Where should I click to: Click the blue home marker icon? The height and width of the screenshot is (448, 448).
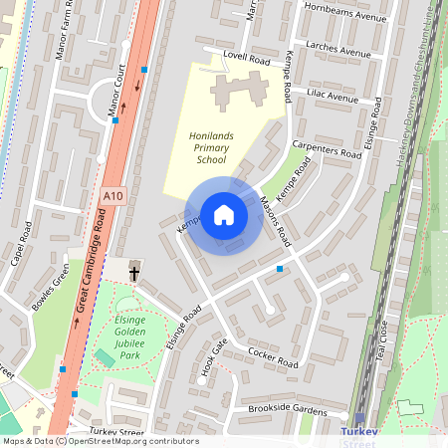click(224, 215)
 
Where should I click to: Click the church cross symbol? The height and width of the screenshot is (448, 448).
click(134, 272)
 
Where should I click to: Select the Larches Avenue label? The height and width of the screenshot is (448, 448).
click(340, 50)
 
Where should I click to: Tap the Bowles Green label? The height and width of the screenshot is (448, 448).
click(51, 290)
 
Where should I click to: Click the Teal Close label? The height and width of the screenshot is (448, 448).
click(379, 350)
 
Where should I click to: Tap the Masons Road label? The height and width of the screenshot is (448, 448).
click(273, 220)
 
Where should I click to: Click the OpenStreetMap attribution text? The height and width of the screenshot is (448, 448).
click(100, 441)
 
